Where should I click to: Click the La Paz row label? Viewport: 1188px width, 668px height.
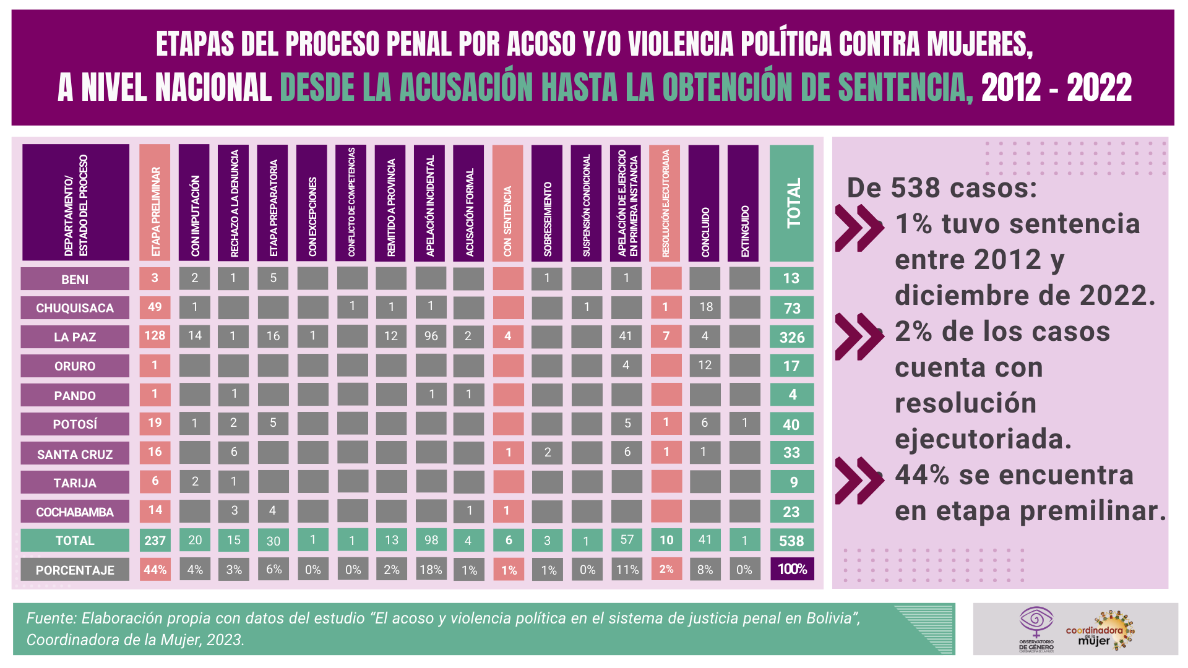pos(75,337)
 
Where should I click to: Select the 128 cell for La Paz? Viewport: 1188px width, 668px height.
pos(155,336)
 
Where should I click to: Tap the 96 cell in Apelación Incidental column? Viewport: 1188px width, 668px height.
pos(431,336)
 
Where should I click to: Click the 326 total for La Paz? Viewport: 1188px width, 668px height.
pos(792,337)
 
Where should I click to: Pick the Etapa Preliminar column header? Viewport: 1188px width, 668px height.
pos(155,203)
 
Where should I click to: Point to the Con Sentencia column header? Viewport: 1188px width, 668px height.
pos(507,203)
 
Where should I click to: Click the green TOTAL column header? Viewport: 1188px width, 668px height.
pos(792,203)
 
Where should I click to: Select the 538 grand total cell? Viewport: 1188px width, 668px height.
pos(792,541)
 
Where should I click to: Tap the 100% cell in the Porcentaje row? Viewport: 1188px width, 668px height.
pos(792,569)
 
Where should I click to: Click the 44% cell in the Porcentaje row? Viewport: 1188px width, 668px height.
pos(155,570)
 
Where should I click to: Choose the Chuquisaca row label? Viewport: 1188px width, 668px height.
pos(75,308)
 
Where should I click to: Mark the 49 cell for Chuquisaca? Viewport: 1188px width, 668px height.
pos(155,307)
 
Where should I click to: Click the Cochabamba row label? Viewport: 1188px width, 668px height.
pos(75,512)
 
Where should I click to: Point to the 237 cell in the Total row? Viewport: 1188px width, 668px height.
pos(155,541)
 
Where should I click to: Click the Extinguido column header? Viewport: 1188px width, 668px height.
pos(744,203)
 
